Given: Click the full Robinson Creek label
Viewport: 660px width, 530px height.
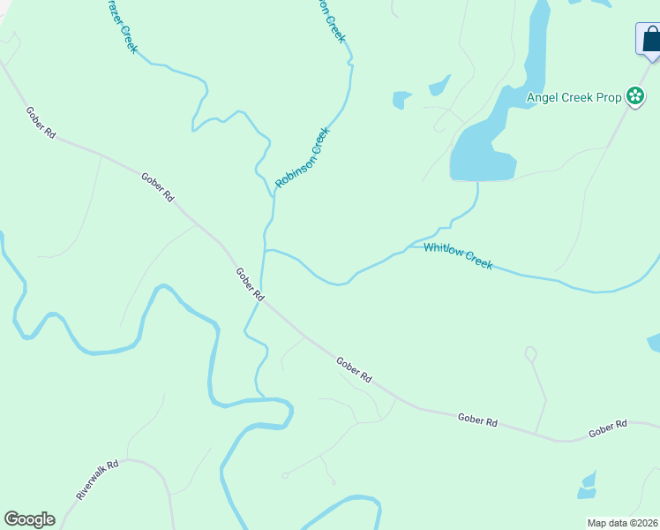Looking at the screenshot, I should (302, 157).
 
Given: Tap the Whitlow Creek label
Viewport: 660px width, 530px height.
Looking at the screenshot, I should (457, 255).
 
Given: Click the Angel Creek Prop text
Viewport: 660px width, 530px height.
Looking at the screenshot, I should (574, 97).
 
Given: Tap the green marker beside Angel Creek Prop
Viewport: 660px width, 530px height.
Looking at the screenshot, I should (634, 96).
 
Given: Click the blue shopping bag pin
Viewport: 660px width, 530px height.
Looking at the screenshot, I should (649, 40).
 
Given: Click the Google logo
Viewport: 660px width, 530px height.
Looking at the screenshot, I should (29, 519).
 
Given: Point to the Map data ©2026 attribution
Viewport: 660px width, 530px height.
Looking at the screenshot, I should (621, 522).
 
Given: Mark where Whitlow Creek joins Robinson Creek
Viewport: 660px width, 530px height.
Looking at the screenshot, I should (265, 251).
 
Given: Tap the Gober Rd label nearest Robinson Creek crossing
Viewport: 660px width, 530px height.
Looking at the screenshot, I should (250, 284).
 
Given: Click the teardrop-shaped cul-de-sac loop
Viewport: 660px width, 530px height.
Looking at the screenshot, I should (530, 354).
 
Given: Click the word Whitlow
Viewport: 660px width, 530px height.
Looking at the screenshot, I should (442, 251).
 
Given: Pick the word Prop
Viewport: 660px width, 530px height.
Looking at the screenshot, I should (609, 97).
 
